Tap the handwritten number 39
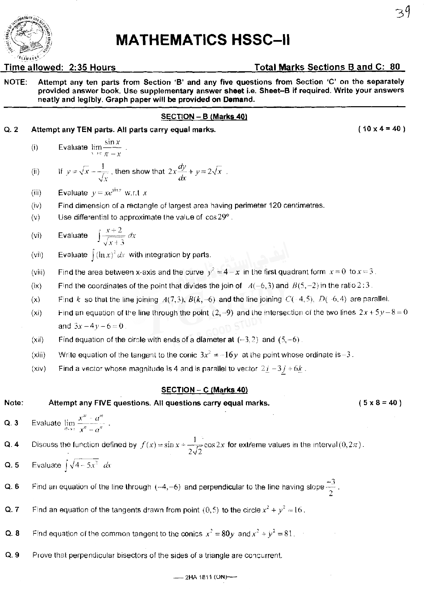pyautogui.click(x=403, y=14)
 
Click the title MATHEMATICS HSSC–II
pyautogui.click(x=203, y=40)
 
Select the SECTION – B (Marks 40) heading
pyautogui.click(x=204, y=117)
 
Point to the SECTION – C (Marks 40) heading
pyautogui.click(x=205, y=390)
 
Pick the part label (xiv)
pyautogui.click(x=38, y=368)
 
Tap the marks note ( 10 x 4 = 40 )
pyautogui.click(x=381, y=129)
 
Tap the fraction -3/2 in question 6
pyautogui.click(x=331, y=487)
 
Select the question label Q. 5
pyautogui.click(x=12, y=465)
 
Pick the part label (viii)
pyautogui.click(x=38, y=272)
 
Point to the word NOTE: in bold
pyautogui.click(x=16, y=82)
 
